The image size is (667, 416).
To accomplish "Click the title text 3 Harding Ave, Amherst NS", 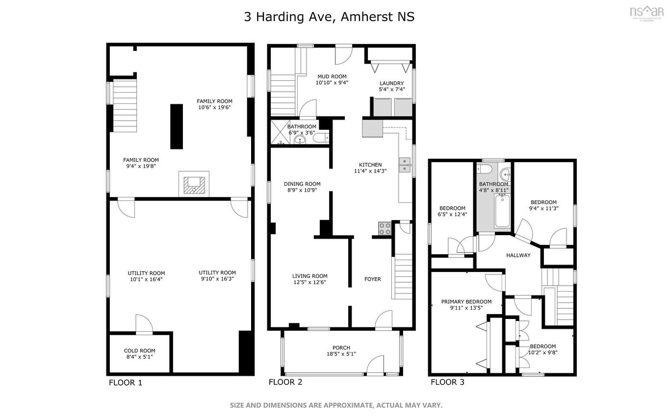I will tap(329, 17).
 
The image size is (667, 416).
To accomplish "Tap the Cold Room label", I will tap(139, 351).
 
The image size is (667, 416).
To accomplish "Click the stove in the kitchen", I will tap(384, 228).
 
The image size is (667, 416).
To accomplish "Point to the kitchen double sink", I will tap(405, 165).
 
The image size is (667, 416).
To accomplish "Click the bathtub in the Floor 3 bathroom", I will tap(502, 211).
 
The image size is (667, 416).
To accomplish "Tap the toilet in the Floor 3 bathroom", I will tap(484, 170).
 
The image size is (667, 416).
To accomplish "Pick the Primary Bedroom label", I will tap(466, 302).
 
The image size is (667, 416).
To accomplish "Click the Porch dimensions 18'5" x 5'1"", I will tap(341, 354).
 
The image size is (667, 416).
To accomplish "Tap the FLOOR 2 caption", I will tap(285, 382).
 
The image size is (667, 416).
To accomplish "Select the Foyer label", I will tap(372, 279).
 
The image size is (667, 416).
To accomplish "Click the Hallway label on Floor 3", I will tap(518, 255).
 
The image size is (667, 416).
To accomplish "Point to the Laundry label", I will tap(391, 84).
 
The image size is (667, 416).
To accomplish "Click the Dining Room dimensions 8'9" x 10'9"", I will tap(302, 191).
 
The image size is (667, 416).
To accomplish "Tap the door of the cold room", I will tap(144, 324).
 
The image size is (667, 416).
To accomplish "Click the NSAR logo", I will tap(646, 12).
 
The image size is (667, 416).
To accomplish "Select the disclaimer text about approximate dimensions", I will tap(336, 405).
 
